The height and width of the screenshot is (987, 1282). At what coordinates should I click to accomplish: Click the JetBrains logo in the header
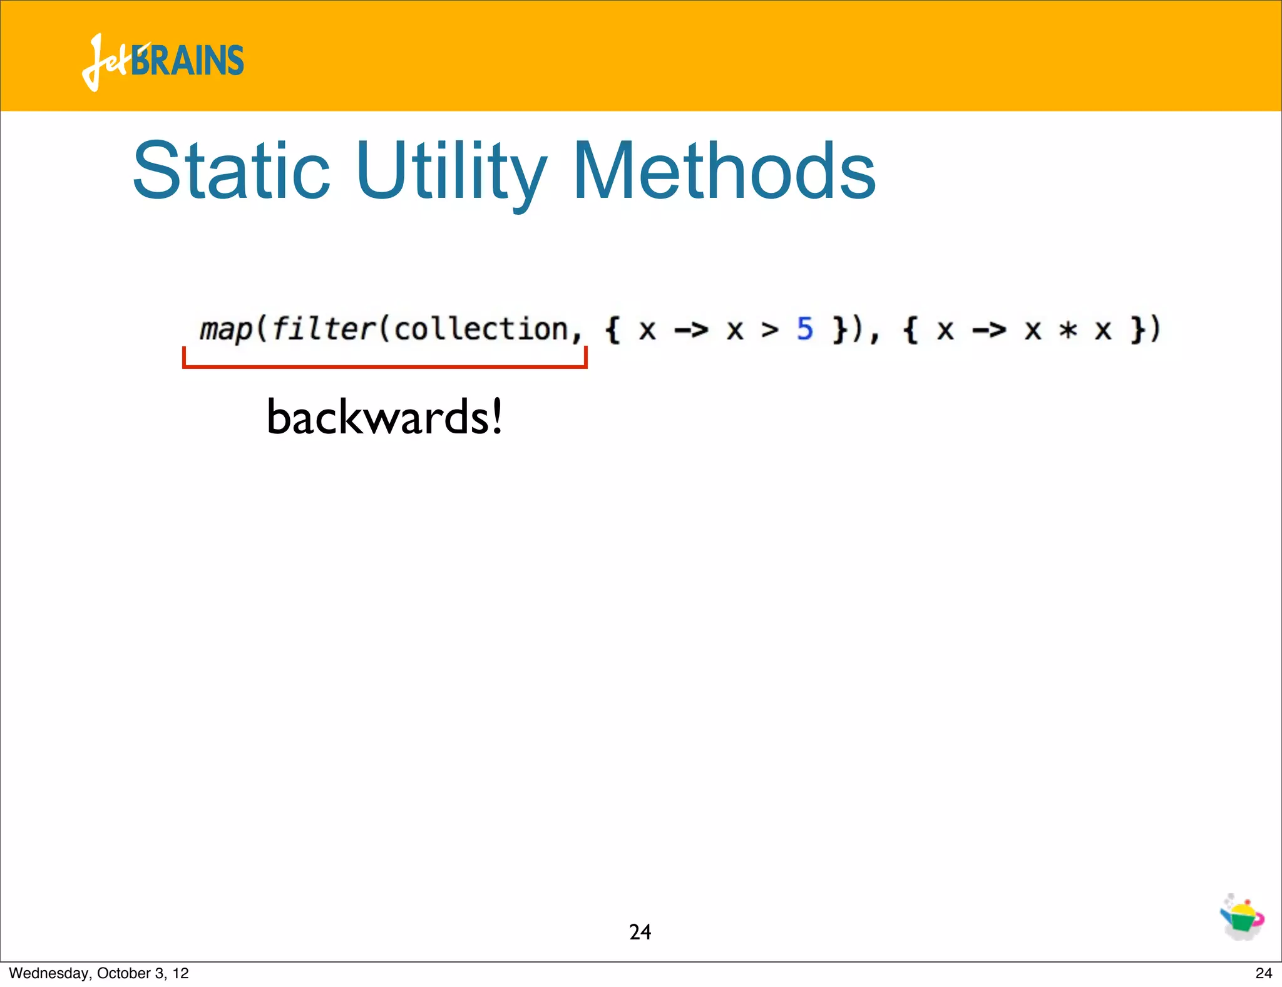(163, 61)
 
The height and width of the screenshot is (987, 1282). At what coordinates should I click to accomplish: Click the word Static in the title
(231, 171)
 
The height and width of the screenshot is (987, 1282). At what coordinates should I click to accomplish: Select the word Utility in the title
(451, 171)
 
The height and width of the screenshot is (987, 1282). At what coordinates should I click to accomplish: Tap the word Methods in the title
(724, 171)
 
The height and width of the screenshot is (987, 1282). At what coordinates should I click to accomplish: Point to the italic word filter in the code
(324, 329)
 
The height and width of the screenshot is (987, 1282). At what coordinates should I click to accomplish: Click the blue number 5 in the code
(804, 329)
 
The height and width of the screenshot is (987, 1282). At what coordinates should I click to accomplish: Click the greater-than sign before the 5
(770, 330)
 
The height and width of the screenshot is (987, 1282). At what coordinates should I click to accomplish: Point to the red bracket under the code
(384, 365)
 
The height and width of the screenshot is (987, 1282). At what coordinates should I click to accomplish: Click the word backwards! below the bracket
(384, 417)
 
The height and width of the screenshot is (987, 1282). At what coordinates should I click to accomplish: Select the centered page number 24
(640, 932)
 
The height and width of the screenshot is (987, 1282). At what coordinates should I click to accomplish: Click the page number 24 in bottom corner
(1263, 973)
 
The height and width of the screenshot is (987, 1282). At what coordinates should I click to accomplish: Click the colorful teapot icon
(1242, 918)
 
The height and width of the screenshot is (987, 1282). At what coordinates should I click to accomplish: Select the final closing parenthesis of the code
(1155, 329)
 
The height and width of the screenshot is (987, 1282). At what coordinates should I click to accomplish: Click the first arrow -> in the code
(691, 330)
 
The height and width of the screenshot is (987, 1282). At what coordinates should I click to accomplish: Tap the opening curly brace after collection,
(612, 330)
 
